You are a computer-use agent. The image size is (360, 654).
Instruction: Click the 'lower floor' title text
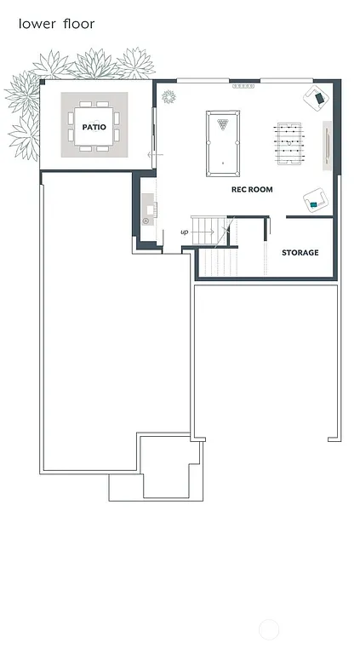(x=56, y=24)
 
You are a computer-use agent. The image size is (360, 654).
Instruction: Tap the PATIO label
(x=94, y=127)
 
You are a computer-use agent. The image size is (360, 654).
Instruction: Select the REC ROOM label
(x=252, y=189)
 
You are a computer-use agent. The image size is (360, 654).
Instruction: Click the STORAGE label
(x=300, y=253)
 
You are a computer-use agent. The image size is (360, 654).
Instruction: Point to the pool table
(x=223, y=143)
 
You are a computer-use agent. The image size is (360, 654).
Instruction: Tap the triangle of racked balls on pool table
(x=223, y=124)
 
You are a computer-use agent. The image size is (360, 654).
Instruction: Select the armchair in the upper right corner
(x=319, y=98)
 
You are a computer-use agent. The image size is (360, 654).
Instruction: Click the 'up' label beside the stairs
(x=184, y=232)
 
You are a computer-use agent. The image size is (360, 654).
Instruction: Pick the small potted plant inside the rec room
(x=168, y=96)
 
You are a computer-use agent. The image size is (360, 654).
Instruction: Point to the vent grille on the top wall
(x=243, y=86)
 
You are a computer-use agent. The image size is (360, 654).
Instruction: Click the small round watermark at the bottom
(x=269, y=630)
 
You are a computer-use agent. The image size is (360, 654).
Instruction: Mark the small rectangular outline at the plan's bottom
(x=126, y=486)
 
